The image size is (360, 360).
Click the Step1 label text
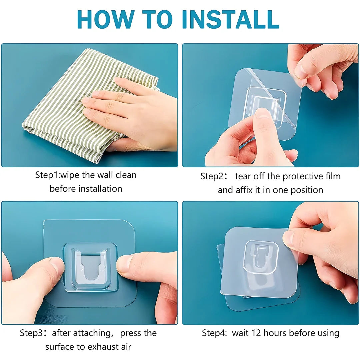47,175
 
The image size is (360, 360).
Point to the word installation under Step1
100,189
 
